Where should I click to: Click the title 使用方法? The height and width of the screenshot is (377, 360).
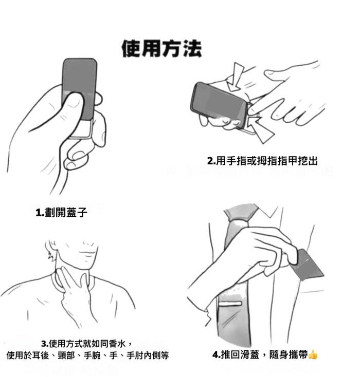[161, 49]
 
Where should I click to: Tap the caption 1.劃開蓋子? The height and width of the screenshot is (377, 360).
[61, 212]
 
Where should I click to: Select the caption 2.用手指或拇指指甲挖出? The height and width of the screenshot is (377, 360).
[262, 161]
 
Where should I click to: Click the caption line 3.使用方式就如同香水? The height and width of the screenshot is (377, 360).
[86, 344]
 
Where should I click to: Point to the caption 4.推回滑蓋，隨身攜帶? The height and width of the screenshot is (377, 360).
[260, 354]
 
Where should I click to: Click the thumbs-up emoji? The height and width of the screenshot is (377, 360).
[313, 354]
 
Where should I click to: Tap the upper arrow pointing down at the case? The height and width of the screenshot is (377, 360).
[236, 77]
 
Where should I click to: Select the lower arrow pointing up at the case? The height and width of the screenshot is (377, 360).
[260, 130]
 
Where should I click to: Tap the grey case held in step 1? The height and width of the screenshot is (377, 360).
[80, 88]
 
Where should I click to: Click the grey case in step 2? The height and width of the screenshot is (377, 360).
[220, 103]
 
